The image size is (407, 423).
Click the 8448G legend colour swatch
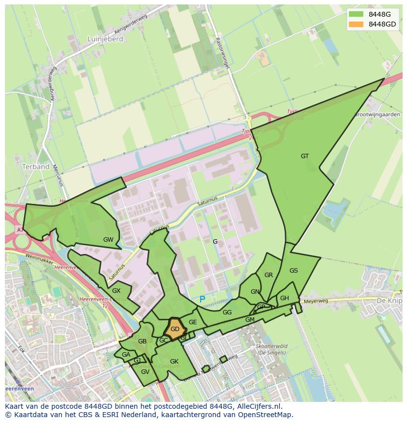tap(356, 14)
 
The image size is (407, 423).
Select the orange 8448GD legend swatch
tap(356, 24)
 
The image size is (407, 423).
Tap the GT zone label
tap(305, 156)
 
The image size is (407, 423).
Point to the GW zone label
tap(108, 240)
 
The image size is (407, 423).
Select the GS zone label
tap(293, 271)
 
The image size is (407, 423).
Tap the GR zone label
tap(268, 275)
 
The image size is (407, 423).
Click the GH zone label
tap(285, 298)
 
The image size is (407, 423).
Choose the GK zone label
tap(174, 362)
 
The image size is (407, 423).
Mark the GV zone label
tap(145, 372)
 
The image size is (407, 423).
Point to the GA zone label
tap(126, 355)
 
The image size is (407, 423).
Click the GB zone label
tap(142, 341)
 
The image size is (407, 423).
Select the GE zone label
tap(193, 322)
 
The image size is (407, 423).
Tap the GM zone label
tap(250, 320)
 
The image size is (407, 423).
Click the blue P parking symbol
tap(202, 299)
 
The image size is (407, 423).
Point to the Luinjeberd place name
tap(105, 39)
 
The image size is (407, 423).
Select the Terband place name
tap(36, 167)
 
